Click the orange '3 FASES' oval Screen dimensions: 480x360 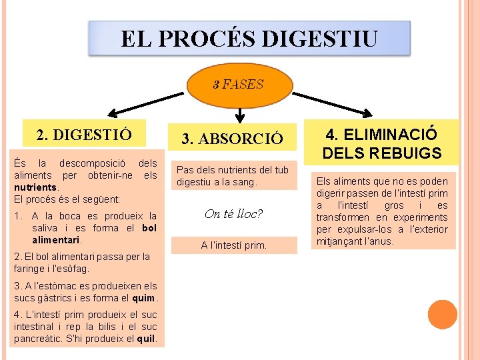tap(238, 85)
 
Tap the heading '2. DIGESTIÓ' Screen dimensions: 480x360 tap(83, 135)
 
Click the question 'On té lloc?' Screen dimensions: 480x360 tap(233, 214)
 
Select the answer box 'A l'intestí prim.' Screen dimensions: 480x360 tap(233, 245)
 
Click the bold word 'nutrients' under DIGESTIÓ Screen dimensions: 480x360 tap(34, 187)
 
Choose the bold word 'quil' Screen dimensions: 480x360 tap(145, 338)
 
